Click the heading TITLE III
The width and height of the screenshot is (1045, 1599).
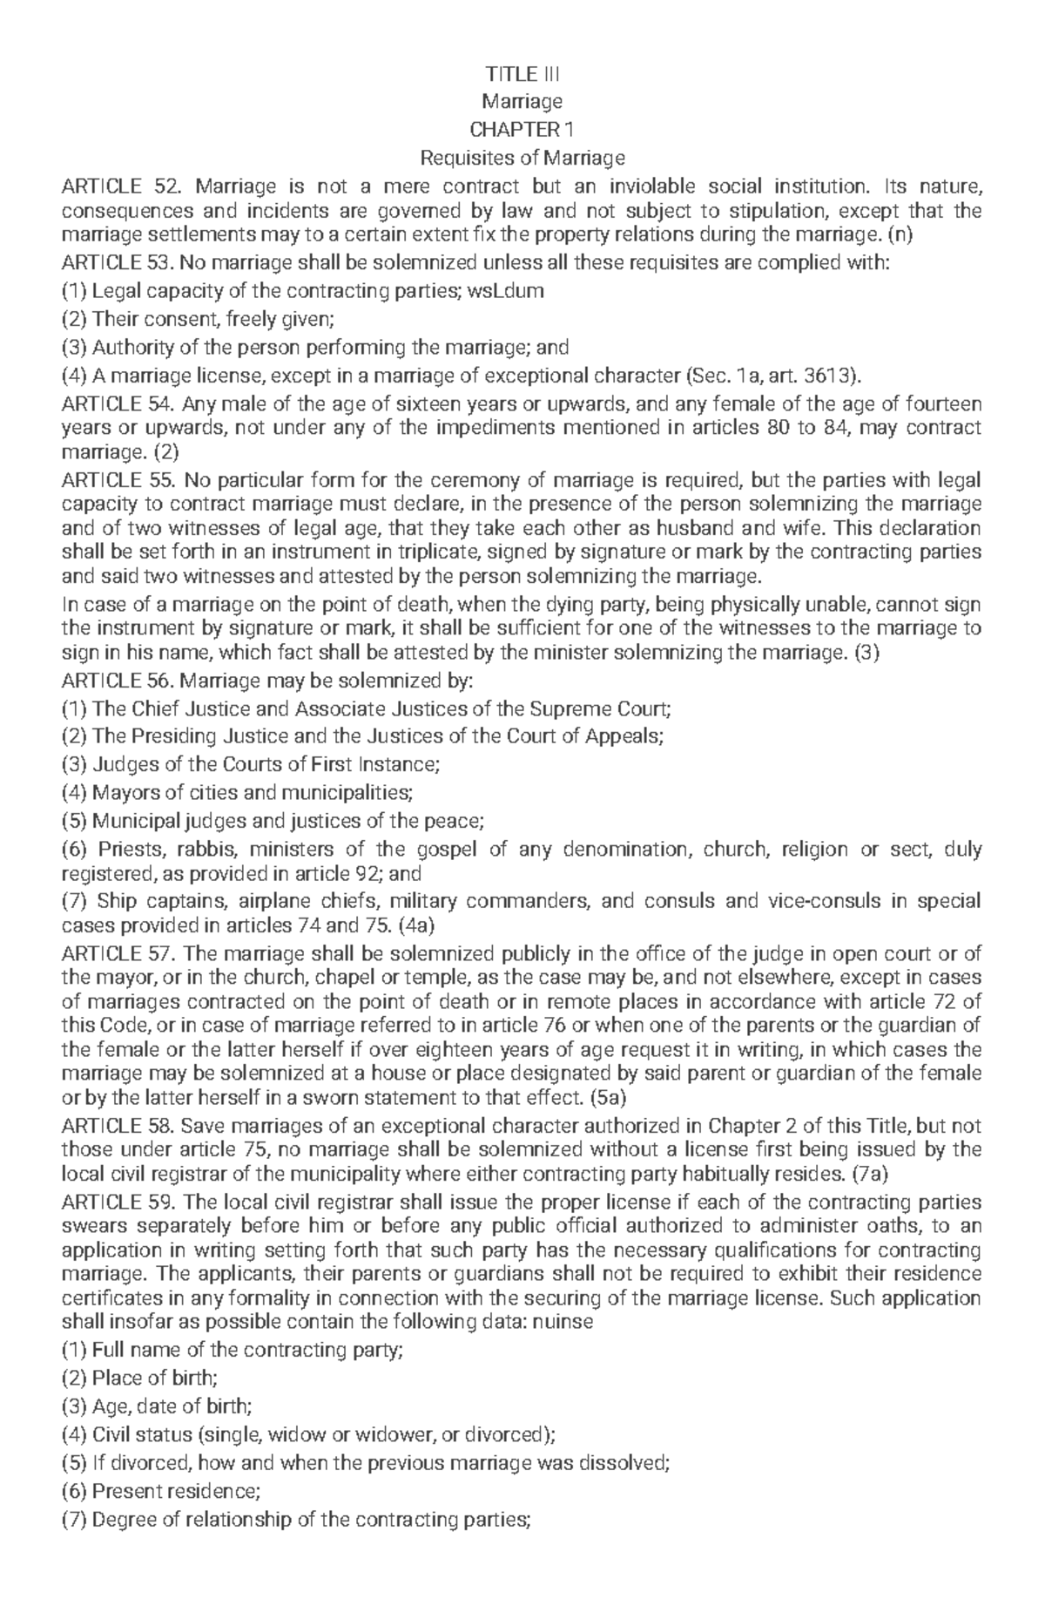(522, 74)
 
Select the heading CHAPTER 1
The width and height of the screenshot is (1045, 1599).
(522, 130)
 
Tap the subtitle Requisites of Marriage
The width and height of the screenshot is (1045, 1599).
(522, 158)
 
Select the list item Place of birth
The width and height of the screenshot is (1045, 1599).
(154, 1378)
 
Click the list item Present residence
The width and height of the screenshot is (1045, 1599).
(175, 1490)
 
